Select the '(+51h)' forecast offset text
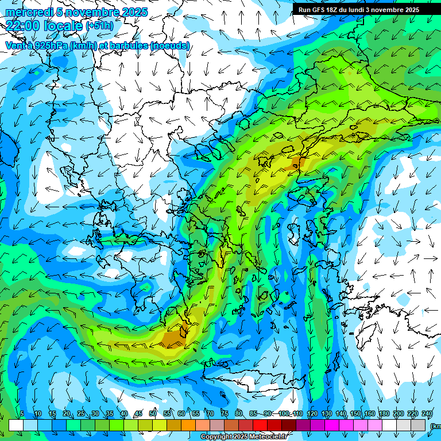pos(99,26)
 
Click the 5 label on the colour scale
pos(22,414)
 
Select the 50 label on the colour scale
pos(153,414)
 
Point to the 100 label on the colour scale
pos(283,414)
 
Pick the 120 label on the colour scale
pos(312,414)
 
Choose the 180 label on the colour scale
pos(383,414)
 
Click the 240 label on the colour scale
pos(427,414)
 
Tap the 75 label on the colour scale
pos(225,414)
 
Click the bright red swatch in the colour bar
pos(260,425)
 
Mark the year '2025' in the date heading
pos(135,12)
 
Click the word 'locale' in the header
pos(61,25)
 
